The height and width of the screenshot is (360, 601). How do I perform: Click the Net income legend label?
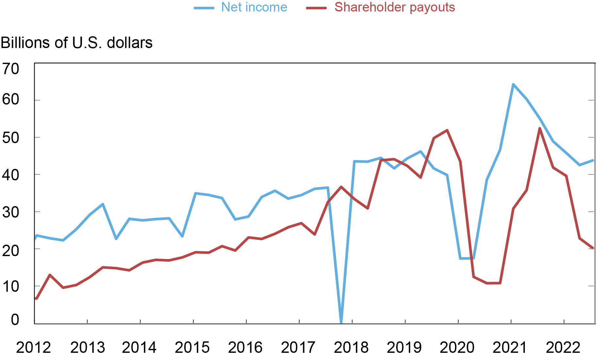[x=254, y=7]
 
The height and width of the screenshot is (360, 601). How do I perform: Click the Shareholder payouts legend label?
[x=395, y=7]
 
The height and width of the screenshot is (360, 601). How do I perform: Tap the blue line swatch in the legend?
[x=204, y=8]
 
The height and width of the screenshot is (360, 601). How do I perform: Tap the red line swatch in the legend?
[x=316, y=8]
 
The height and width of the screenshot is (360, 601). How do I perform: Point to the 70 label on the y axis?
[x=11, y=69]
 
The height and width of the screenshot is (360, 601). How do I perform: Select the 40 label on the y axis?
[x=11, y=175]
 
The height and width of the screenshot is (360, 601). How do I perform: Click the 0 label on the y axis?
[x=15, y=319]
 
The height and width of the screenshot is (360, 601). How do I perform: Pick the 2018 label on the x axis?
[x=351, y=348]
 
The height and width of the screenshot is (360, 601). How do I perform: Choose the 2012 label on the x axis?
[x=33, y=348]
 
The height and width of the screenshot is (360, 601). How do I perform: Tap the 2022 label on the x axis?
[x=563, y=348]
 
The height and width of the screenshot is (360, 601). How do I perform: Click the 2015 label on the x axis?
[x=192, y=348]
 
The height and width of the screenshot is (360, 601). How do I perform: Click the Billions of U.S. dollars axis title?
[x=77, y=43]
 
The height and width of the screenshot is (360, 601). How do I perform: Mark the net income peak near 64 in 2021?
[x=513, y=84]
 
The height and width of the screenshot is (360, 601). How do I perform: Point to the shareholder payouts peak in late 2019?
[x=447, y=130]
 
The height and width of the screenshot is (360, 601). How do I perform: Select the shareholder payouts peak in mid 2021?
[x=540, y=128]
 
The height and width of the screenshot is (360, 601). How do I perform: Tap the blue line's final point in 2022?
[x=593, y=160]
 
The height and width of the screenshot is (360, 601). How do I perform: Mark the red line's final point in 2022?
[x=593, y=248]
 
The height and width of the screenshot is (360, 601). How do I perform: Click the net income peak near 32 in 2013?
[x=103, y=204]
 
